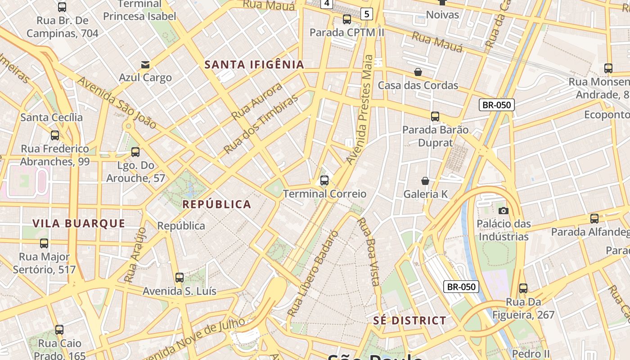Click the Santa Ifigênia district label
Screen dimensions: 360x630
(x=254, y=65)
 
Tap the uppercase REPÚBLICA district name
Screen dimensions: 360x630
(x=216, y=204)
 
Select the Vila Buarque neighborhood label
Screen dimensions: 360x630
(x=79, y=223)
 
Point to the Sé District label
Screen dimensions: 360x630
(x=409, y=320)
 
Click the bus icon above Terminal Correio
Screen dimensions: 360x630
(x=324, y=181)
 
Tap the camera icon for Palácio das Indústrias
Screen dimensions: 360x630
(x=503, y=211)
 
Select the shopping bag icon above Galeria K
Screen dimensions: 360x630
(x=425, y=181)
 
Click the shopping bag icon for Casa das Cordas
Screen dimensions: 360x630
(x=418, y=72)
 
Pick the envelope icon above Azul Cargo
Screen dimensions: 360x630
(x=145, y=65)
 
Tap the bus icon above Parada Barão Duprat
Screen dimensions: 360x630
(x=435, y=117)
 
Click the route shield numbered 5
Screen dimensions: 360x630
(x=367, y=14)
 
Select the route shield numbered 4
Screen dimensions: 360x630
(x=327, y=4)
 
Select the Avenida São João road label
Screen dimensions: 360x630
(x=117, y=102)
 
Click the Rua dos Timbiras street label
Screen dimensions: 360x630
(x=261, y=124)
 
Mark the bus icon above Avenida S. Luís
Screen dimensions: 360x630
(x=179, y=278)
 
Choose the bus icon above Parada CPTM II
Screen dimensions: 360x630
(x=346, y=19)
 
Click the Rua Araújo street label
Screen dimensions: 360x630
(x=135, y=255)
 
